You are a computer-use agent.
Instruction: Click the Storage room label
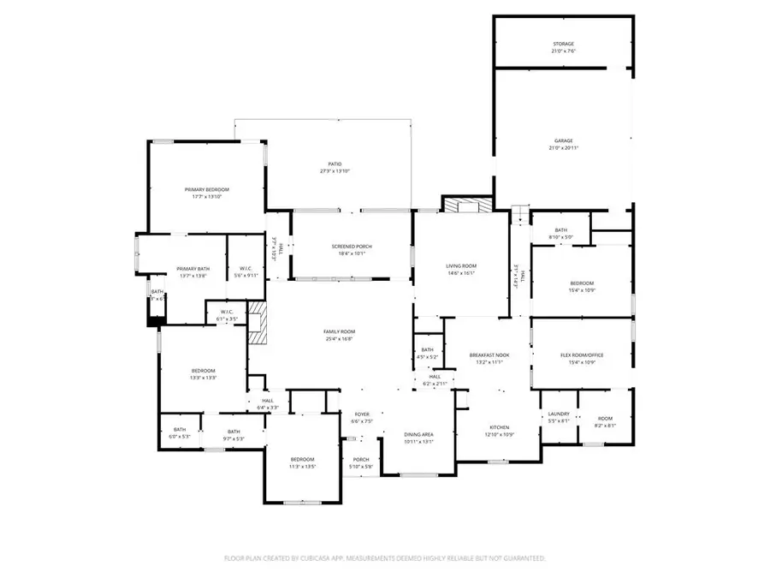click(x=563, y=44)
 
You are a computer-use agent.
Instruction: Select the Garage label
click(x=563, y=140)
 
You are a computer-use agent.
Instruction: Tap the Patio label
click(x=335, y=164)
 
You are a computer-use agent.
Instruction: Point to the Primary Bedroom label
click(x=207, y=189)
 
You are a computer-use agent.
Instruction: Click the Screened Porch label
click(x=352, y=247)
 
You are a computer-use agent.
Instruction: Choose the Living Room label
click(x=460, y=266)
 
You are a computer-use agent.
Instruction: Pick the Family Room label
click(x=339, y=331)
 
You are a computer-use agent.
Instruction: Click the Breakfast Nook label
click(x=489, y=355)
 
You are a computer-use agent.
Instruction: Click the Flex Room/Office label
click(x=582, y=355)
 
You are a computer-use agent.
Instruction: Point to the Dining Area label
click(x=418, y=435)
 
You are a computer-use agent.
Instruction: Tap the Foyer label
click(x=362, y=414)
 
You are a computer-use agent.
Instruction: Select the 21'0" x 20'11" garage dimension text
click(x=563, y=148)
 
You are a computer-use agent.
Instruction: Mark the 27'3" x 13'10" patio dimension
click(x=335, y=171)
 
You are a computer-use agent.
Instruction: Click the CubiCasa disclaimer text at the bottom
click(x=384, y=557)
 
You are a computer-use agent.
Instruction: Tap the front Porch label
click(x=361, y=459)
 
